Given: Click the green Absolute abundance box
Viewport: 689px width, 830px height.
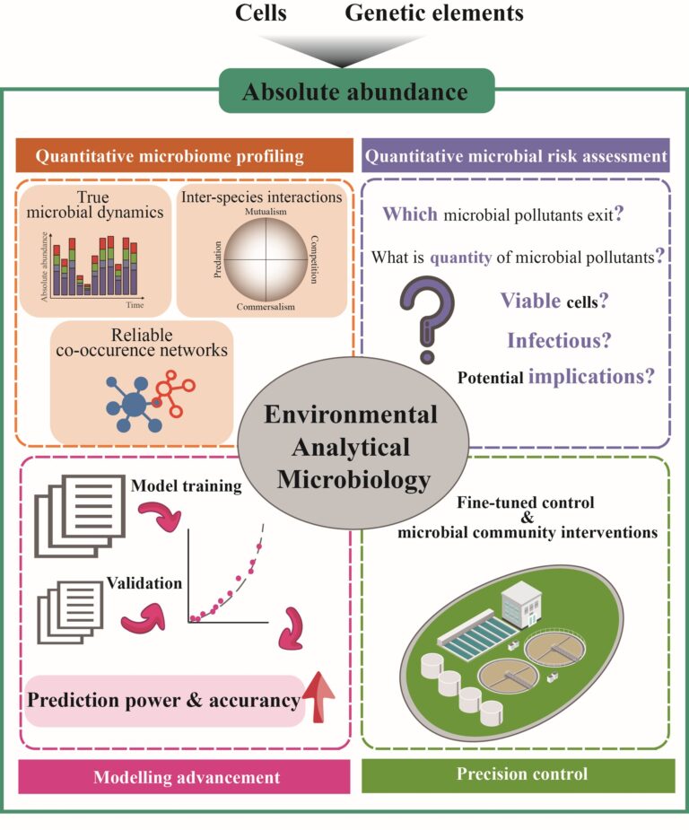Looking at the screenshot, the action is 357,91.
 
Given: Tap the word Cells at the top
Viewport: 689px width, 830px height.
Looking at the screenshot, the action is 261,13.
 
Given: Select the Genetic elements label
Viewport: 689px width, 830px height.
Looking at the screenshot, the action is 434,13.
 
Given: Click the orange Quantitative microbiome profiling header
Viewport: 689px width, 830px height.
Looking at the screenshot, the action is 184,155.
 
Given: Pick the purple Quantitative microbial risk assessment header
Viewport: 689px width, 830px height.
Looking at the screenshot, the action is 516,155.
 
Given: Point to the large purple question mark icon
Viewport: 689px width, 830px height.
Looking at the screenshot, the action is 427,319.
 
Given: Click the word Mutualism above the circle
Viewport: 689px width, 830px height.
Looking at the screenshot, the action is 266,212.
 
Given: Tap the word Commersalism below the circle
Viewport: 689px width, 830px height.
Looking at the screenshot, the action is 266,307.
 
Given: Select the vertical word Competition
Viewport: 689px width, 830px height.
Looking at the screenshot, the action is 314,259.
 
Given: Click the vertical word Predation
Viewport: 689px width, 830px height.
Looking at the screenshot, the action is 217,259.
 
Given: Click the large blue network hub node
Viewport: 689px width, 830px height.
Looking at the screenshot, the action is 135,405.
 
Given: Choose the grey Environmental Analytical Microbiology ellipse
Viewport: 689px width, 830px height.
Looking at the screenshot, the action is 353,443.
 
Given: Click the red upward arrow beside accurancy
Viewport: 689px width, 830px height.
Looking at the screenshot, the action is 318,697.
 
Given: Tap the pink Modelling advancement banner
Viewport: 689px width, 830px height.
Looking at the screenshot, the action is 184,776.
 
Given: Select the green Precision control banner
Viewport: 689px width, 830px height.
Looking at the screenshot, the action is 519,775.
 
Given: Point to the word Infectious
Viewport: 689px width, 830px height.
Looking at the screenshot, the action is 559,340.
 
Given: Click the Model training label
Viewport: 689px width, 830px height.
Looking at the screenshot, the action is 187,485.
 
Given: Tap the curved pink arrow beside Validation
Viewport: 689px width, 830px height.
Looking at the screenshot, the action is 144,617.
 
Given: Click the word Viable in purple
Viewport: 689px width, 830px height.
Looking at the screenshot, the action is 530,300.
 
